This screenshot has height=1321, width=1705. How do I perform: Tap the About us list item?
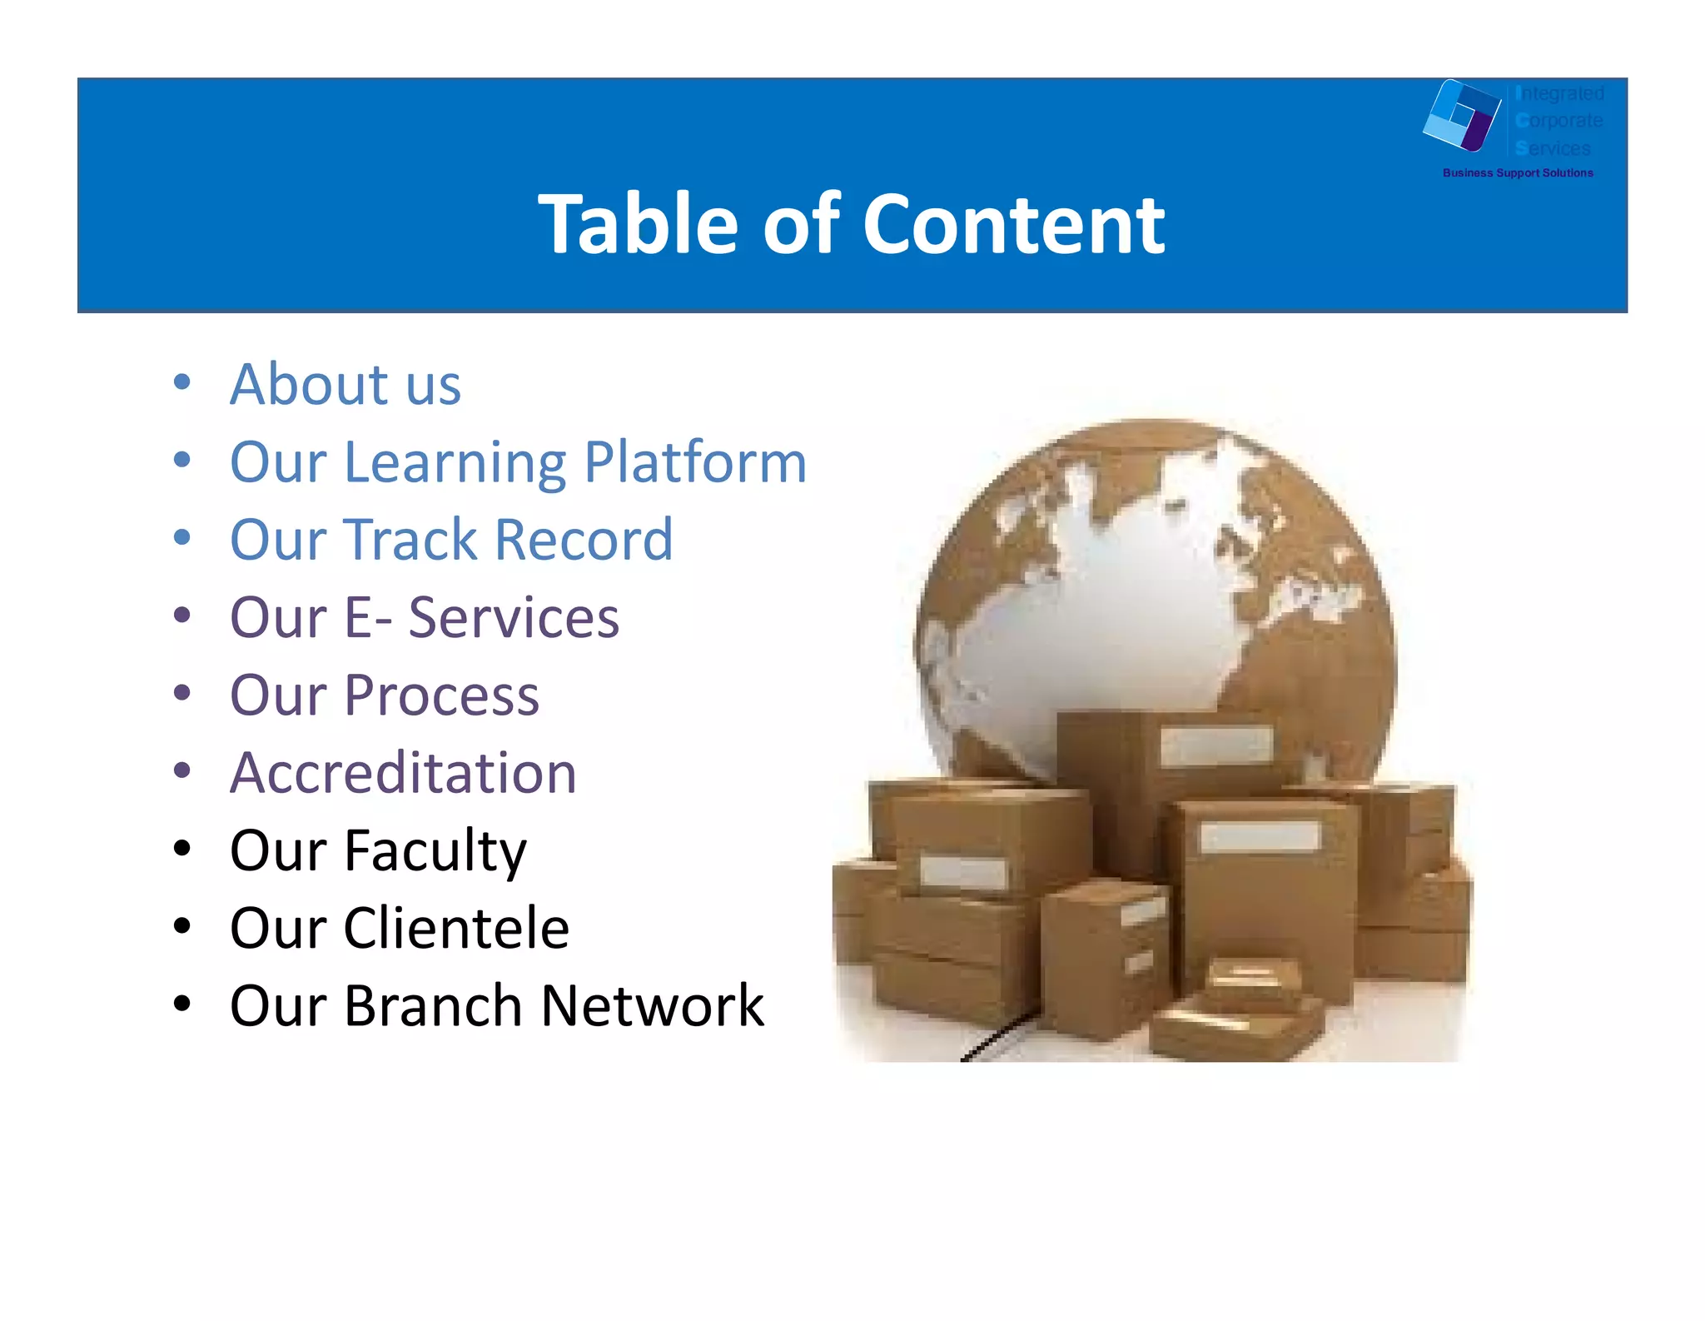click(x=345, y=385)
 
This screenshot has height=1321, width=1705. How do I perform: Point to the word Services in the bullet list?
click(x=514, y=617)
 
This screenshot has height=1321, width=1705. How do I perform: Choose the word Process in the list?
click(x=441, y=695)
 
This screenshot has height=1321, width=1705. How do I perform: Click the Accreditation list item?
click(x=403, y=773)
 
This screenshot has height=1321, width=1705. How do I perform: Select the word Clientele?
click(x=456, y=928)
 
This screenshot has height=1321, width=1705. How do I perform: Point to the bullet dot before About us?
click(x=182, y=382)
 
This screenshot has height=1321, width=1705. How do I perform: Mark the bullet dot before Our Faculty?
click(x=182, y=849)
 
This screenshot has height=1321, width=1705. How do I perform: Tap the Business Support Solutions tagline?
click(x=1517, y=173)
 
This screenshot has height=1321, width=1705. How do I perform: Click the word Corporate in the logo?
click(x=1558, y=121)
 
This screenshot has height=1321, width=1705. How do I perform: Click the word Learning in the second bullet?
click(x=455, y=464)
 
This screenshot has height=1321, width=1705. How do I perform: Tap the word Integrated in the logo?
click(x=1559, y=93)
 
